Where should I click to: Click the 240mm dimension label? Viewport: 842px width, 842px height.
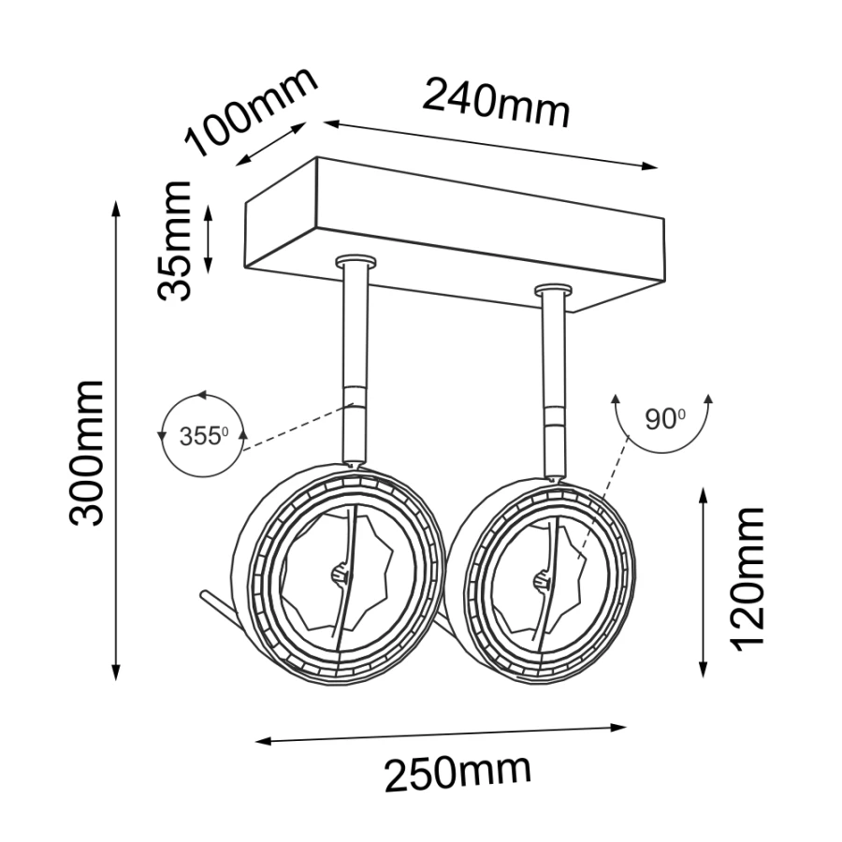[496, 104]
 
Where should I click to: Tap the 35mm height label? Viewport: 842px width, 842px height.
[175, 240]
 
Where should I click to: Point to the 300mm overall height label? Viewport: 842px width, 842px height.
[86, 453]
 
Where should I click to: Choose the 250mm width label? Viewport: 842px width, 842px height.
[458, 773]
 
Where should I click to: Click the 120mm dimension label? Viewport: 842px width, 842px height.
[746, 579]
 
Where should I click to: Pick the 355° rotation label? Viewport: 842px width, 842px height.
[204, 436]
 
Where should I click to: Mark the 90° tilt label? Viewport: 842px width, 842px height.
[665, 419]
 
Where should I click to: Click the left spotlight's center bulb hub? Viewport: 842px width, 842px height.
[341, 575]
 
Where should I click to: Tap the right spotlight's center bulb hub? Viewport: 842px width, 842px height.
[543, 579]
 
